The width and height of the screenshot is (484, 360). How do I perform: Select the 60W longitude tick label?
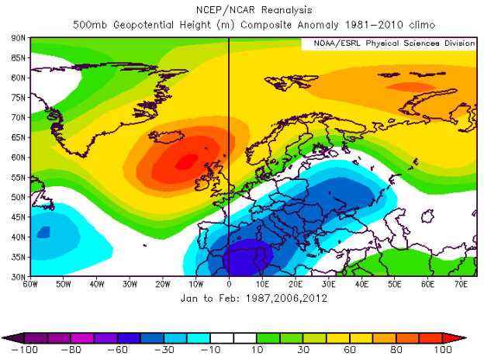[x=31, y=283]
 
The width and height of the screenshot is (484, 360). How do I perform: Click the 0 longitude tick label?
[x=229, y=283]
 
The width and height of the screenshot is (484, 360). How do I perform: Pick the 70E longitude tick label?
[x=461, y=283]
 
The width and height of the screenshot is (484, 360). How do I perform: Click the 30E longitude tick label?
[x=328, y=283]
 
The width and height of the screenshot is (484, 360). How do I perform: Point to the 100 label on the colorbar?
[x=443, y=350]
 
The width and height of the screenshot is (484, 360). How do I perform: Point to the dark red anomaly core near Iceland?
[x=186, y=162]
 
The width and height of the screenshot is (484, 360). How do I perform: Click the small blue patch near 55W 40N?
[x=42, y=232]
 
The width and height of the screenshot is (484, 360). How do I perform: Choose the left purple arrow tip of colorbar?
[x=9, y=337]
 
